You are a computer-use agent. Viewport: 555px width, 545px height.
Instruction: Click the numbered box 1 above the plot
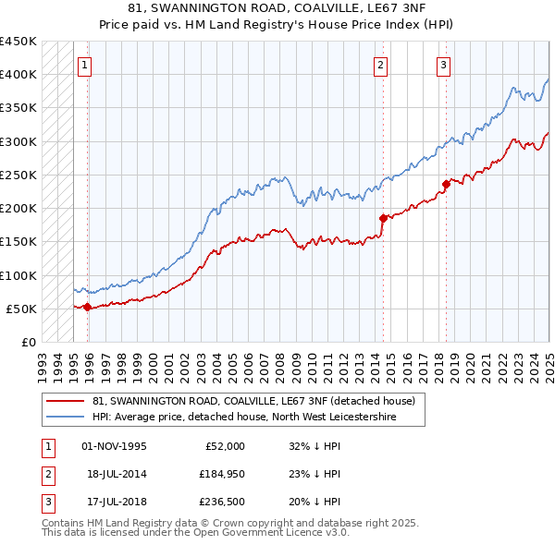click(x=84, y=65)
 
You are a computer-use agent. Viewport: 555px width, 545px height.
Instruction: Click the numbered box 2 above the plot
click(x=381, y=65)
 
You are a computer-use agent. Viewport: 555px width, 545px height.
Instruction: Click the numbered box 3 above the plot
click(x=444, y=65)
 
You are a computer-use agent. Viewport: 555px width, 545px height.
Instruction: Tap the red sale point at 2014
click(x=383, y=218)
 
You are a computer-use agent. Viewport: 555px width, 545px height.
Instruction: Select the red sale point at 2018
click(x=446, y=183)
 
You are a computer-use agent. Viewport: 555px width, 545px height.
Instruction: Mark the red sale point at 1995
click(x=88, y=307)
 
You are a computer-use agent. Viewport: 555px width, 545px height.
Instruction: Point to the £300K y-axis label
click(x=18, y=141)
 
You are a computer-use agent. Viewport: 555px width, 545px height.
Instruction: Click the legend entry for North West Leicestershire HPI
click(x=244, y=418)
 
